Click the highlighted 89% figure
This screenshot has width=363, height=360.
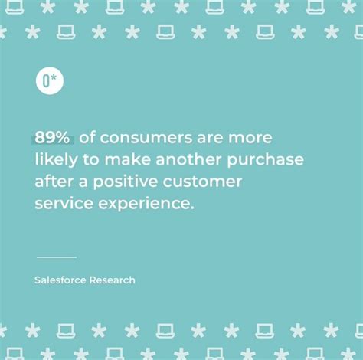click(53, 138)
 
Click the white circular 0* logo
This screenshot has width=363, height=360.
click(50, 80)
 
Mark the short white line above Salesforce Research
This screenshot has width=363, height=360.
click(57, 257)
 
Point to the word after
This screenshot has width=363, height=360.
click(52, 182)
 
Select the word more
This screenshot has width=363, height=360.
click(250, 139)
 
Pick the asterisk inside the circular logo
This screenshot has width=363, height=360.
click(55, 78)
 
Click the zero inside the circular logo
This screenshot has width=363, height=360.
click(46, 80)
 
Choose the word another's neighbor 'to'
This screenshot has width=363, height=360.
click(95, 159)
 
